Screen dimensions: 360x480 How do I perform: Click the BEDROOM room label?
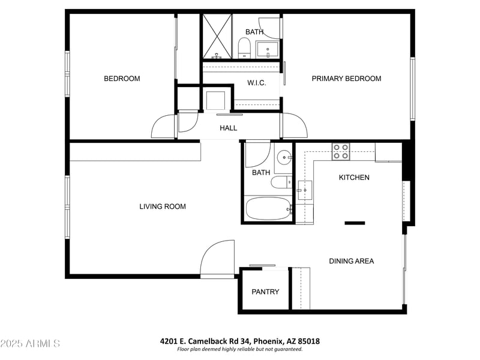[122, 79]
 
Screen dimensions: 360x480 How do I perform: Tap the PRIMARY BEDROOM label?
[346, 79]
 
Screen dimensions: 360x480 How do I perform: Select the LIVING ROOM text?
[163, 206]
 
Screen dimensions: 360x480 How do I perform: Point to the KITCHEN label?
[354, 178]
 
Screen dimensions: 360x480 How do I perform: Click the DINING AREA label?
[351, 261]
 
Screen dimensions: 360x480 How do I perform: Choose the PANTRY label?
[265, 292]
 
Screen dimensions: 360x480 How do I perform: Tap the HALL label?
[228, 128]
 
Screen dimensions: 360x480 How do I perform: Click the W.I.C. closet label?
[257, 83]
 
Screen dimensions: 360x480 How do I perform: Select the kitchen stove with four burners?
[341, 151]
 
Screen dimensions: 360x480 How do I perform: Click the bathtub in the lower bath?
[268, 209]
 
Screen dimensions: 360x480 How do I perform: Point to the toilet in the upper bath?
[244, 46]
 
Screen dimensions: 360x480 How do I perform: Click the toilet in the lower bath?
[280, 182]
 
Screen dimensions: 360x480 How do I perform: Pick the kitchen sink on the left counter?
[305, 190]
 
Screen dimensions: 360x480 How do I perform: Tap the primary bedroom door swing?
[293, 126]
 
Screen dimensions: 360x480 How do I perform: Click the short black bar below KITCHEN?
[355, 223]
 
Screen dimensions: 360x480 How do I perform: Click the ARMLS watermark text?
[30, 344]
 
